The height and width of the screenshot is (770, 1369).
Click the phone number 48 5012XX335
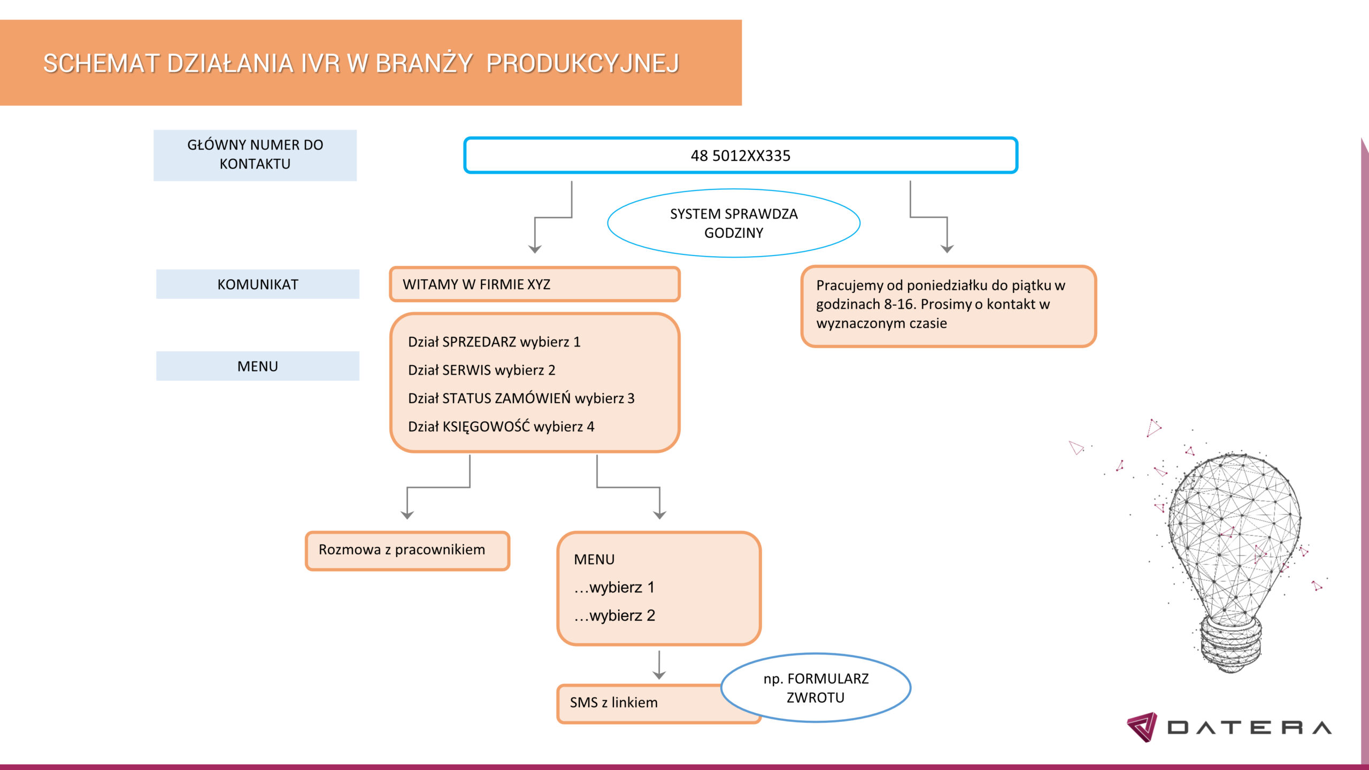[x=740, y=156]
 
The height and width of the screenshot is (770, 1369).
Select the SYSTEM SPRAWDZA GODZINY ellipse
[x=734, y=223]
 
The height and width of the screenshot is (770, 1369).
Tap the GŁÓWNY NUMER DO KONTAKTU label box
[x=255, y=155]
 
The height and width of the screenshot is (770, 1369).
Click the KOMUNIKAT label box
[x=258, y=284]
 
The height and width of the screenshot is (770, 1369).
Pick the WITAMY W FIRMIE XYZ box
[x=535, y=284]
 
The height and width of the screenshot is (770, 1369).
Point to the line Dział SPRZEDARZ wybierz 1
[x=494, y=342]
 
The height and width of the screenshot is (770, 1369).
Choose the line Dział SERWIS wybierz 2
[x=481, y=370]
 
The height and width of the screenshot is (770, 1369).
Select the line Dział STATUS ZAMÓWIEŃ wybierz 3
[x=521, y=398]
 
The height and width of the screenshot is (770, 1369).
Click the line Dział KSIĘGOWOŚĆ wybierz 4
[x=501, y=427]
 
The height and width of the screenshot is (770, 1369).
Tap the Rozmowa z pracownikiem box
[x=407, y=550]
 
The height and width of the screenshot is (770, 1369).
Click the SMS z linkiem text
[x=613, y=702]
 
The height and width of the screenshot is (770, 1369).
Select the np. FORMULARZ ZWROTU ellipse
[x=816, y=688]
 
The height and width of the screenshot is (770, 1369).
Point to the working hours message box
[x=949, y=306]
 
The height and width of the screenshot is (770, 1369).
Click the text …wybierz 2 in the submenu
[x=614, y=615]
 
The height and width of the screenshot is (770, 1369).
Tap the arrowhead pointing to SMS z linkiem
[x=659, y=675]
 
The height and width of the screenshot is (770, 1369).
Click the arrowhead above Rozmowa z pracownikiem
[x=407, y=515]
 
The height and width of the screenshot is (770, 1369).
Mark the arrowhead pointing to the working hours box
[x=947, y=249]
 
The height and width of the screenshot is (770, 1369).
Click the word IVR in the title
[x=320, y=63]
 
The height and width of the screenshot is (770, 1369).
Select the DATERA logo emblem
[x=1142, y=727]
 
